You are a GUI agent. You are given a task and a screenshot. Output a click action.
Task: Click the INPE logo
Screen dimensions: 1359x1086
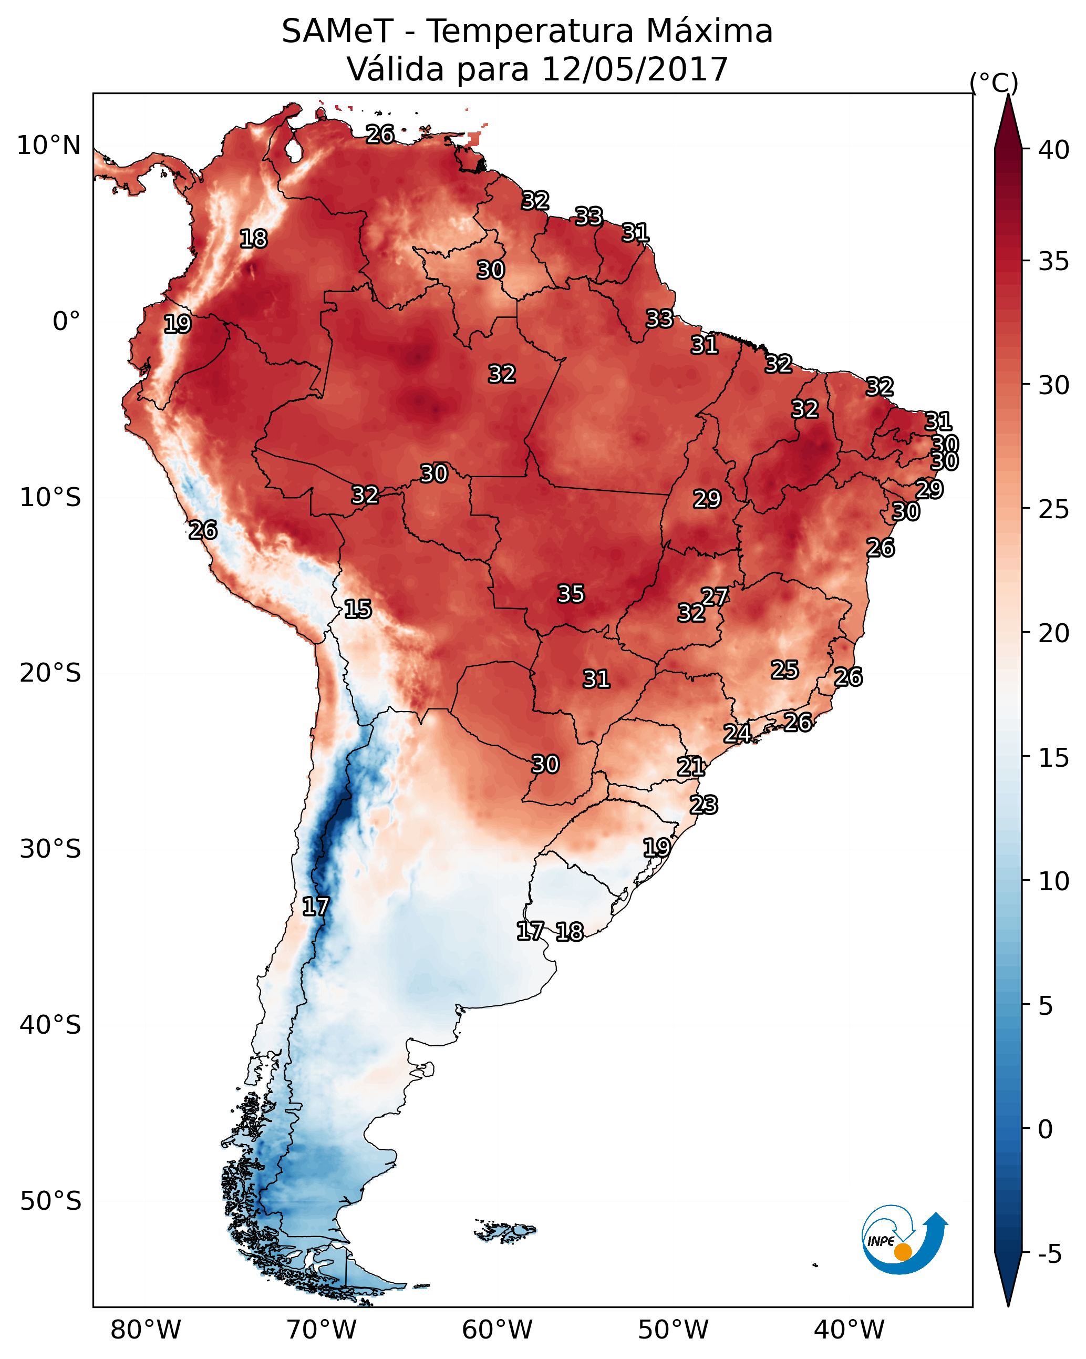(903, 1241)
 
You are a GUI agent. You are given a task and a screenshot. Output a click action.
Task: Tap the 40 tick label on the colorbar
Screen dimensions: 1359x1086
(1054, 150)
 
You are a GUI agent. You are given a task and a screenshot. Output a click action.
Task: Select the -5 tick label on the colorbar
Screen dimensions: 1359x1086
(1049, 1254)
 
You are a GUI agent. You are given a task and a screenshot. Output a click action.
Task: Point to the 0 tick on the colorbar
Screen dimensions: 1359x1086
(1045, 1129)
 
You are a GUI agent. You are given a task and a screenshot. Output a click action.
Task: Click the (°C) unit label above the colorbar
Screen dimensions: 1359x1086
(994, 83)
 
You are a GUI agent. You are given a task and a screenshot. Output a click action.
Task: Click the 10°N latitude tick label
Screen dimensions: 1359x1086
(48, 146)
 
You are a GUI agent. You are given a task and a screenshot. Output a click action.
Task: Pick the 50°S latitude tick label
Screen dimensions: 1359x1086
(50, 1201)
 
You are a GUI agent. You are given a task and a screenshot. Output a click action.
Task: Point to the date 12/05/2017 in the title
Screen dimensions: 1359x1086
(634, 69)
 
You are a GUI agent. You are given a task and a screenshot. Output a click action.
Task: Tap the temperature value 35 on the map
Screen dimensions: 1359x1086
(571, 594)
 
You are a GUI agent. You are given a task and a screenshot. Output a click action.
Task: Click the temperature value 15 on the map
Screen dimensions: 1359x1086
(357, 609)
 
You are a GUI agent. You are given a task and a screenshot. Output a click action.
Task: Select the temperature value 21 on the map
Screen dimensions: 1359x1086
(691, 767)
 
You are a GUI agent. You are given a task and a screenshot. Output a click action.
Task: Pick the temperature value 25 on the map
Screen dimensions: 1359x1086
(785, 670)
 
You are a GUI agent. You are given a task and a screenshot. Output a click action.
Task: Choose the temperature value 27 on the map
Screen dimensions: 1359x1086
(715, 596)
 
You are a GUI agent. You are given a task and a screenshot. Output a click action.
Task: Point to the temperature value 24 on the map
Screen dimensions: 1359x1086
(737, 733)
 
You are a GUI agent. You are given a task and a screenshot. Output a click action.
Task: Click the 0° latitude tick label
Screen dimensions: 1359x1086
(66, 322)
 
